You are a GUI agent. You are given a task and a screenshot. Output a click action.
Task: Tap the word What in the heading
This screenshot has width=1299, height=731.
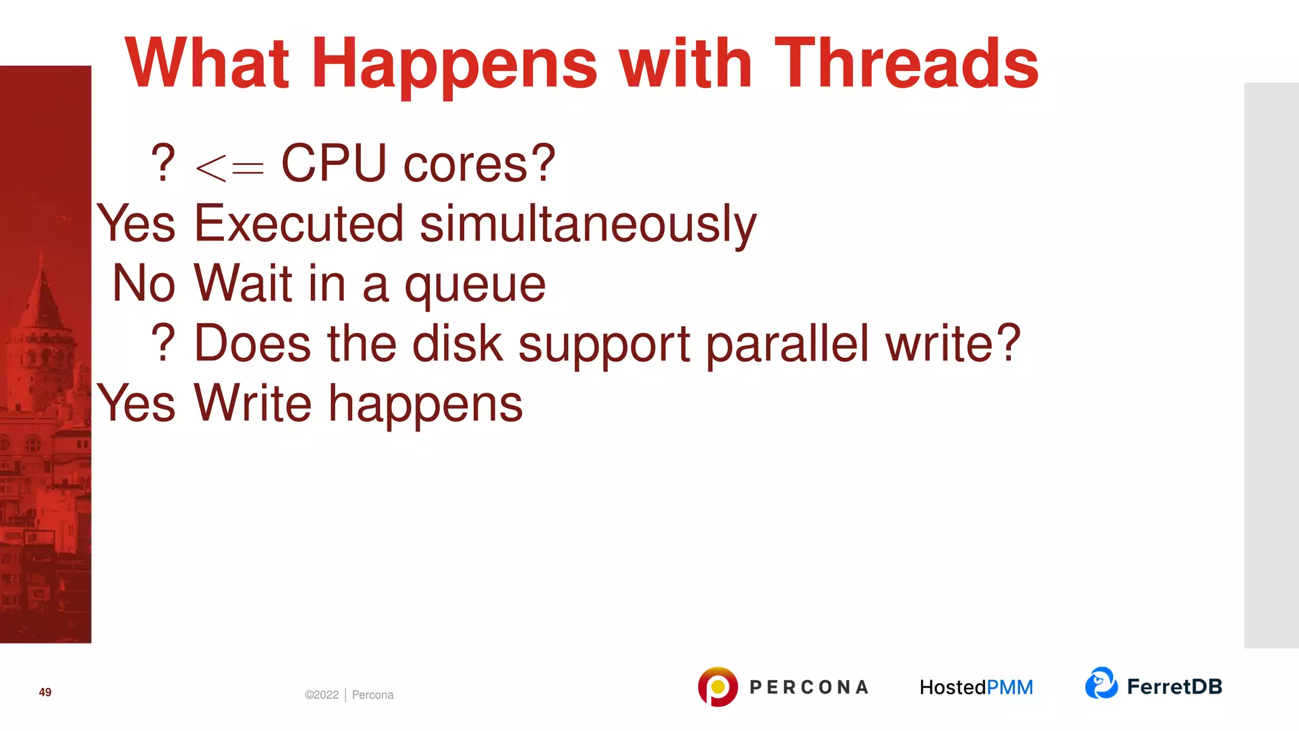click(x=207, y=63)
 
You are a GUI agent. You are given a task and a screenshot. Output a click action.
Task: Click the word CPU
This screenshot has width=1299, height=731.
click(x=334, y=164)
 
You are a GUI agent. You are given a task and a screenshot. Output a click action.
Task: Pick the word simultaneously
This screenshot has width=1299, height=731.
click(x=588, y=224)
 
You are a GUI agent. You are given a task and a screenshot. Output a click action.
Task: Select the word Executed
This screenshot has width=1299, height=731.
click(x=299, y=223)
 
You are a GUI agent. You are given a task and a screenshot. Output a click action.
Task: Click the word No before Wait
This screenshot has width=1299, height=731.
click(x=143, y=283)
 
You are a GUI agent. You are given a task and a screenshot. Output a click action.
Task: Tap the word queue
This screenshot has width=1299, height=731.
click(x=475, y=286)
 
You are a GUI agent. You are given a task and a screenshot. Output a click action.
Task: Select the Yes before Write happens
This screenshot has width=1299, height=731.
click(x=136, y=403)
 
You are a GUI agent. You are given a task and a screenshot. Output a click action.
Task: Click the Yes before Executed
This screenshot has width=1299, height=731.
click(x=136, y=223)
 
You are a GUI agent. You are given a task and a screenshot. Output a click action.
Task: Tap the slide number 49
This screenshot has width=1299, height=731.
click(x=45, y=692)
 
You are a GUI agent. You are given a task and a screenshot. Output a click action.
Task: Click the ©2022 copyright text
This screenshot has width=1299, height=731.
click(x=322, y=695)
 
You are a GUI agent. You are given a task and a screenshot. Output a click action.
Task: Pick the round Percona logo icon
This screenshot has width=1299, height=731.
click(x=717, y=687)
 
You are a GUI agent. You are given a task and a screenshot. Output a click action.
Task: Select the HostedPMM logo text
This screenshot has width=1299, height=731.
click(x=976, y=687)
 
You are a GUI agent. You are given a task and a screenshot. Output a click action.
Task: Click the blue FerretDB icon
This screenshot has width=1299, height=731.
click(x=1101, y=683)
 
